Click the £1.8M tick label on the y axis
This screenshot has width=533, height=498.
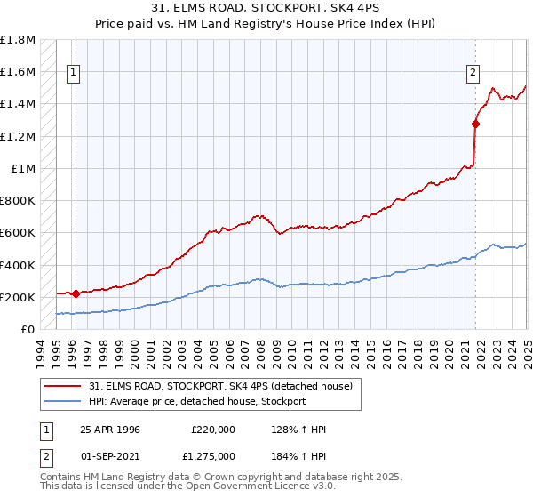point(18,40)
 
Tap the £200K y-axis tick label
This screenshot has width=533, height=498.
point(18,297)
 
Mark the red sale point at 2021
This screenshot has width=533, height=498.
point(476,124)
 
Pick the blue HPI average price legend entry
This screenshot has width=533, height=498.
point(196,401)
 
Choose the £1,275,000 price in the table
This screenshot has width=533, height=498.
point(212,457)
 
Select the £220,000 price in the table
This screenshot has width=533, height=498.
point(212,430)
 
